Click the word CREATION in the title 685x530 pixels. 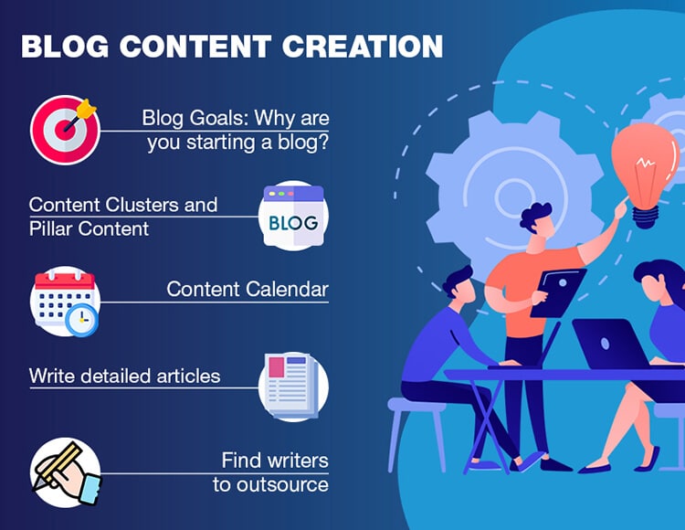pos(363,46)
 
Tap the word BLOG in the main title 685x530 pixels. pos(65,46)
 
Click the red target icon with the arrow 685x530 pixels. pos(65,130)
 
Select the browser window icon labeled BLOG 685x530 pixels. pos(293,216)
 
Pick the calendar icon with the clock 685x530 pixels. pos(65,302)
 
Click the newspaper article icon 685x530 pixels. pos(293,387)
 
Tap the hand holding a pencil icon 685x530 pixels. pos(66,472)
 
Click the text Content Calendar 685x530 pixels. pos(248,290)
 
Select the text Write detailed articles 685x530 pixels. pos(124,376)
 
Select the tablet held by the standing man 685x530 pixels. pos(558,292)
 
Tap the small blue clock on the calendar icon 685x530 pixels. pos(81,320)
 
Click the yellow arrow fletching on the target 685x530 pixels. pos(86,109)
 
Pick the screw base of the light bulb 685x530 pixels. pos(646,217)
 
